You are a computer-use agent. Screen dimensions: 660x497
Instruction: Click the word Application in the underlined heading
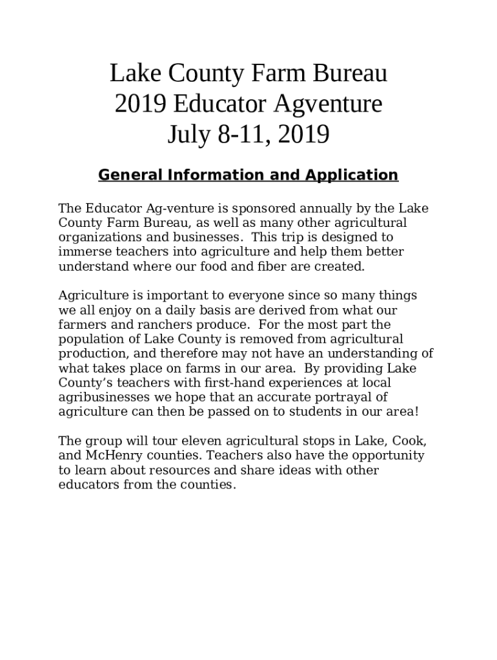tap(352, 175)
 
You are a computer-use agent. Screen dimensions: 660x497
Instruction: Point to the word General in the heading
tap(129, 175)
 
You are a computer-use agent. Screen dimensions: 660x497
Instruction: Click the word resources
tap(174, 471)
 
